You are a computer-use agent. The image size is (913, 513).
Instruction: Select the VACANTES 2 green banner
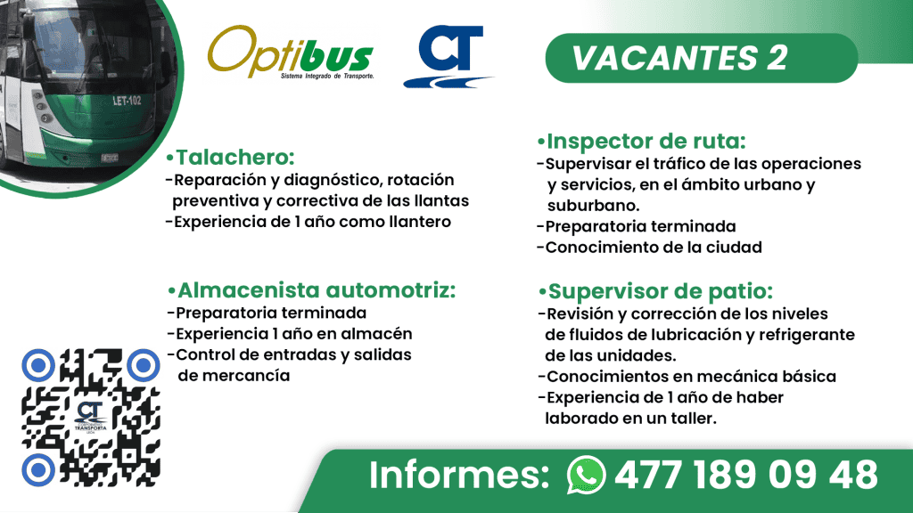click(679, 58)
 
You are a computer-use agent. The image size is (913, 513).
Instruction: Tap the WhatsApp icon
click(586, 474)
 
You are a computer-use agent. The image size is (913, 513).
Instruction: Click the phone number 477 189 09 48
click(745, 474)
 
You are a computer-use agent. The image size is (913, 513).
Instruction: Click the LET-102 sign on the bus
click(127, 100)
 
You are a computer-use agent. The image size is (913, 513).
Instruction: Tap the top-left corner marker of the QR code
click(39, 363)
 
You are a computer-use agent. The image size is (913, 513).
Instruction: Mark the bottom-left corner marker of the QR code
click(39, 468)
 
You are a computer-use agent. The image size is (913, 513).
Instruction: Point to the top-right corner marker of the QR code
click(143, 363)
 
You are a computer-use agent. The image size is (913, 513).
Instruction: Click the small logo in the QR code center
click(91, 416)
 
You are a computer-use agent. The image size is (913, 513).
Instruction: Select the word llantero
click(418, 221)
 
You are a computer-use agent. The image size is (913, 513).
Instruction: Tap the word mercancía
click(234, 376)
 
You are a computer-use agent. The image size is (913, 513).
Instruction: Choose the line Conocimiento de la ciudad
click(654, 247)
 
